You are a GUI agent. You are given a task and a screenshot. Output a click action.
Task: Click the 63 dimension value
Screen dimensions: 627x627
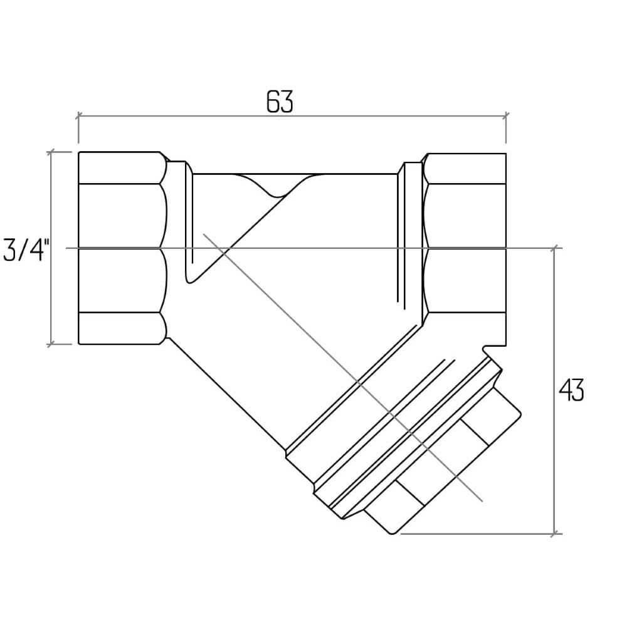[280, 102]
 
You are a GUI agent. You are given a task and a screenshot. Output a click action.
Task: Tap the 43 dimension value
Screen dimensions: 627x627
[571, 390]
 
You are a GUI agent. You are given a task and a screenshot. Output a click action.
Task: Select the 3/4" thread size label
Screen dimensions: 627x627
[26, 250]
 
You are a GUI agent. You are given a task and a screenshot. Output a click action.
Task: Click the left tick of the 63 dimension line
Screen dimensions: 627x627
[78, 116]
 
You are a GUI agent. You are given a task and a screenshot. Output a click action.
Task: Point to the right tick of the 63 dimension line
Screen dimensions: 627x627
[506, 116]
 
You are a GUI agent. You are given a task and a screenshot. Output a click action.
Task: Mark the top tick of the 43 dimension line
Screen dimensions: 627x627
[554, 248]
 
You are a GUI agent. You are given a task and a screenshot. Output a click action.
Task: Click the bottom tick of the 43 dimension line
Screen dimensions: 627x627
[554, 534]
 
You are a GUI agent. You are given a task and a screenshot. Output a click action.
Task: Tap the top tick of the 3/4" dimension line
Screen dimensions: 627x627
[51, 152]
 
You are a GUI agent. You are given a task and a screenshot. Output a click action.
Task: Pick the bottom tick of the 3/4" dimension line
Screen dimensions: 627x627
[51, 344]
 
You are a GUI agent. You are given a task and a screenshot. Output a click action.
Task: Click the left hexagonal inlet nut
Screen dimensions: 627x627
[122, 248]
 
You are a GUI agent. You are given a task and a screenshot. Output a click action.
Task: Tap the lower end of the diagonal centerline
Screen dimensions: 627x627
[482, 500]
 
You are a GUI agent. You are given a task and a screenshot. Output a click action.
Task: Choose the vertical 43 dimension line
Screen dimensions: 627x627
[554, 391]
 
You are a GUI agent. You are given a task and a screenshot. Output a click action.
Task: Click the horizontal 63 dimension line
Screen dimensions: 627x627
[292, 116]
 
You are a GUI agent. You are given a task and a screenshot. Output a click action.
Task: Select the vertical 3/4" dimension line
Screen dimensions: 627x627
[51, 248]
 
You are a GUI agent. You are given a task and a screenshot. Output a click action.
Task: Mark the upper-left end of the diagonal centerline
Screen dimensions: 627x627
[204, 234]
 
